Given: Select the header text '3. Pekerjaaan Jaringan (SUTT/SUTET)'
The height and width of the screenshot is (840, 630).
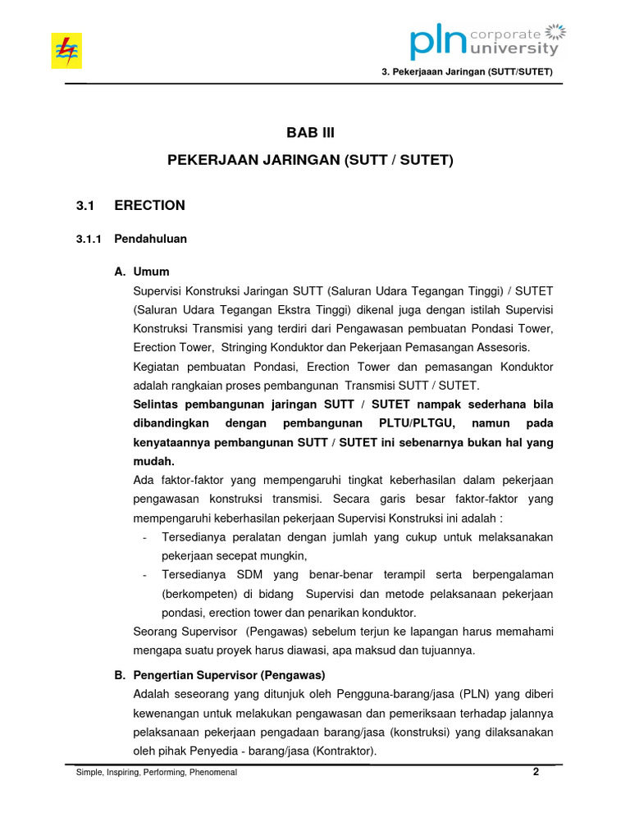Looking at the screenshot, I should pos(468,72).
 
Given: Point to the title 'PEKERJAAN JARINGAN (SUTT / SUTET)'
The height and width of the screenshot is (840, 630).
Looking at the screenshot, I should pos(310,161).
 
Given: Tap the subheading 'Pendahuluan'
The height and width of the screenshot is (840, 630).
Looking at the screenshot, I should pos(151,240).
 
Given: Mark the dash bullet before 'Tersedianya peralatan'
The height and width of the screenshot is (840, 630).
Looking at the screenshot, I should pos(145,536).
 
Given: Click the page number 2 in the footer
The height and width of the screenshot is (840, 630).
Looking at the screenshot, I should pos(536,772).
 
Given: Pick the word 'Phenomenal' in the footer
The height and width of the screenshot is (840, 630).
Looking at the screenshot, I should pos(214,773).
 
